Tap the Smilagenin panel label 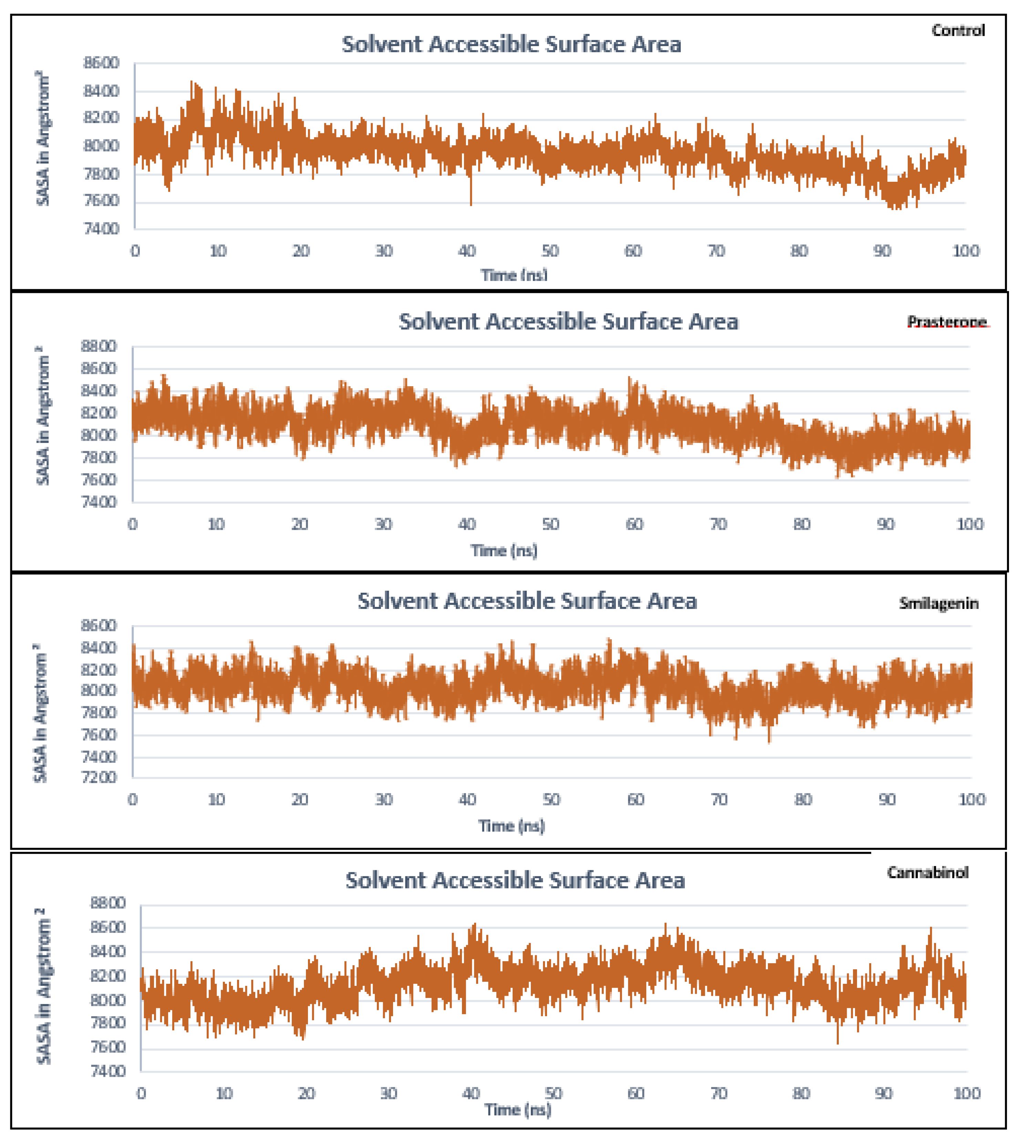coord(938,603)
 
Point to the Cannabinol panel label coord(927,872)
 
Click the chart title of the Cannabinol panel coord(515,880)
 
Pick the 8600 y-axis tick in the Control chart coord(101,63)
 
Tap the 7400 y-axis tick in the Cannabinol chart coord(108,1071)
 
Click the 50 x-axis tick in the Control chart coord(550,251)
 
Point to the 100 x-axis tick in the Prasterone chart coord(969,525)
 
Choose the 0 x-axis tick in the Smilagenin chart coord(133,800)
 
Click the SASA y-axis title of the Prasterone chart coord(43,415)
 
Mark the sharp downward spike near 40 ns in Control coord(471,202)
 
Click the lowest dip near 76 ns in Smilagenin coord(769,740)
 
